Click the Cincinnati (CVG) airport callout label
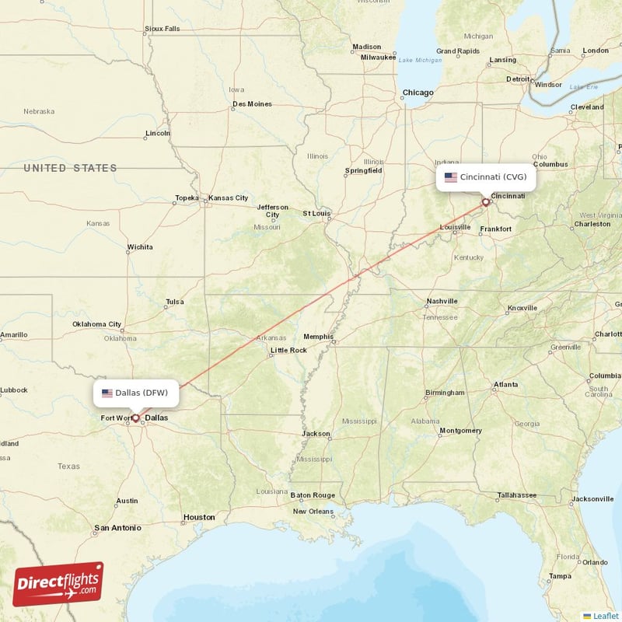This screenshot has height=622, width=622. click(486, 177)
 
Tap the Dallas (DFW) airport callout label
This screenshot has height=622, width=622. click(137, 393)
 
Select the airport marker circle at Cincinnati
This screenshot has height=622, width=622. click(487, 202)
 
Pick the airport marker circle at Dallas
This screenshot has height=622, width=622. click(135, 418)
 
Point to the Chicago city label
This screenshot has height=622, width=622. click(418, 93)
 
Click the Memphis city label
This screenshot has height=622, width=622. click(318, 337)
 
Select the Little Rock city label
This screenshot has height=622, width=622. click(288, 351)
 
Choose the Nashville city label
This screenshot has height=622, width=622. click(442, 302)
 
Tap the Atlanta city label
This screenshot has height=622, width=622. click(505, 384)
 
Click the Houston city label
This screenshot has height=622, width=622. click(199, 517)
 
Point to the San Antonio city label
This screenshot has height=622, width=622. click(117, 528)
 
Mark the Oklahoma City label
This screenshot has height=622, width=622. click(97, 324)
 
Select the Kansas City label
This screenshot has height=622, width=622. click(229, 198)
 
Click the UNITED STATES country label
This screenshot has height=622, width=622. click(70, 168)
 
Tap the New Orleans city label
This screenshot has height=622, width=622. click(313, 511)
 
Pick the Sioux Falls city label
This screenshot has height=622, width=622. click(162, 29)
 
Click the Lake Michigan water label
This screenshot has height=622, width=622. click(419, 60)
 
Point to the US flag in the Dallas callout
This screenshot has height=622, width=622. click(107, 393)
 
